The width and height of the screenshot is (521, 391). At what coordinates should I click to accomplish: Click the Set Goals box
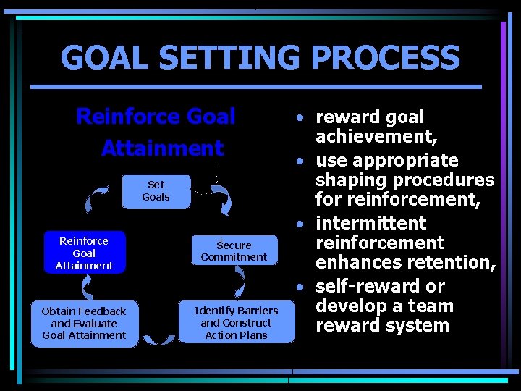[156, 191]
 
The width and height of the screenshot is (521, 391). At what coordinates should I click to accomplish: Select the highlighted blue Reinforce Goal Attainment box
[84, 253]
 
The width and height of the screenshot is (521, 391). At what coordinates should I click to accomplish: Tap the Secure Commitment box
[234, 251]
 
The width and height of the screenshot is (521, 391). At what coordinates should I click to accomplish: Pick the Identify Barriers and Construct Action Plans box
[236, 323]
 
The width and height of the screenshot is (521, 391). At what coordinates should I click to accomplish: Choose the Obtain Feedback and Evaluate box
[84, 323]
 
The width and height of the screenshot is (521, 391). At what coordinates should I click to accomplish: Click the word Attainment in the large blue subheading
[162, 148]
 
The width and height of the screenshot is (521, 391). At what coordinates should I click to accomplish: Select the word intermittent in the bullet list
[371, 223]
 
